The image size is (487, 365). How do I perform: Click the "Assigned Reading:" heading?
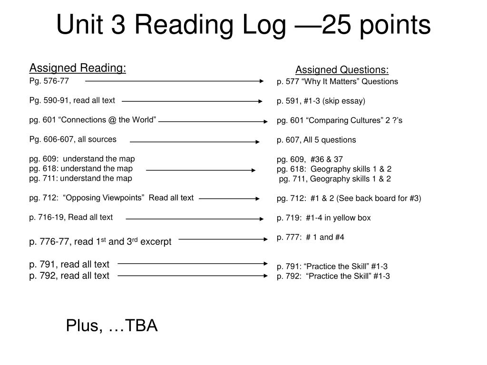coord(78,68)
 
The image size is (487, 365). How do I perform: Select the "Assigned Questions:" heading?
coord(342,70)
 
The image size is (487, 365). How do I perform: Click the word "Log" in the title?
coord(264,26)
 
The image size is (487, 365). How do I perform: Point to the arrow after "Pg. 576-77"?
coord(174,81)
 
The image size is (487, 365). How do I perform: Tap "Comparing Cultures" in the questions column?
coord(344,120)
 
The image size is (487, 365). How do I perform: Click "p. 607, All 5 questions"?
coord(316,140)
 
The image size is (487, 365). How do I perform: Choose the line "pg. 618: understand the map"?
coord(81,169)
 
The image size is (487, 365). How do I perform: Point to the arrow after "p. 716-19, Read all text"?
coord(195,219)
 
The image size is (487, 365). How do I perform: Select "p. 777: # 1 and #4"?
coord(310,238)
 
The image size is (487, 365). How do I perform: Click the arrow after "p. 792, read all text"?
coord(193,276)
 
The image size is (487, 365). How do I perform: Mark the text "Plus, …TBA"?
coord(112,326)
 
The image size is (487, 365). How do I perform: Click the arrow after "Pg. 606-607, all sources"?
coord(195,142)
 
